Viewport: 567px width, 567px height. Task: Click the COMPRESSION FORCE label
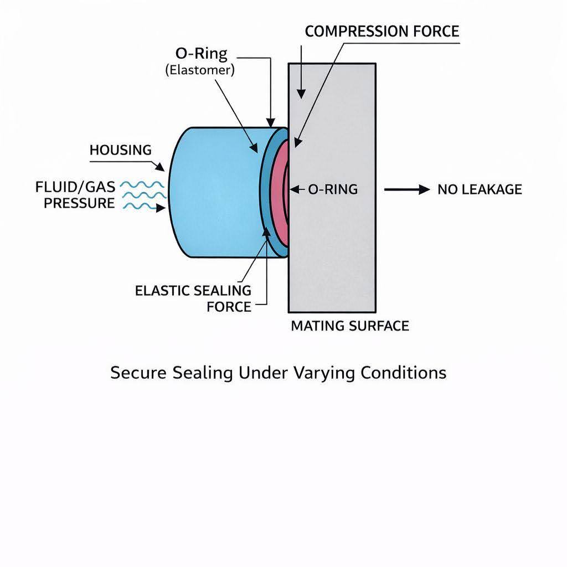point(382,31)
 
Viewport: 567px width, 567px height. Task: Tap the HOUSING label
point(120,150)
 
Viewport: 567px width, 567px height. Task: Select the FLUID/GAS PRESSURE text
point(75,195)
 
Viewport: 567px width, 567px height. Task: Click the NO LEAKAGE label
point(480,189)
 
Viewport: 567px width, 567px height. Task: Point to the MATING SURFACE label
point(349,326)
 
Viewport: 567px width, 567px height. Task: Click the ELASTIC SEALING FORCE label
point(193,298)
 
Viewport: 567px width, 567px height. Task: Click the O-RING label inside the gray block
point(332,189)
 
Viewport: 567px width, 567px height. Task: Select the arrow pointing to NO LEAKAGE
point(407,189)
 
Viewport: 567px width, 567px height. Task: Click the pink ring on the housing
point(280,188)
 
